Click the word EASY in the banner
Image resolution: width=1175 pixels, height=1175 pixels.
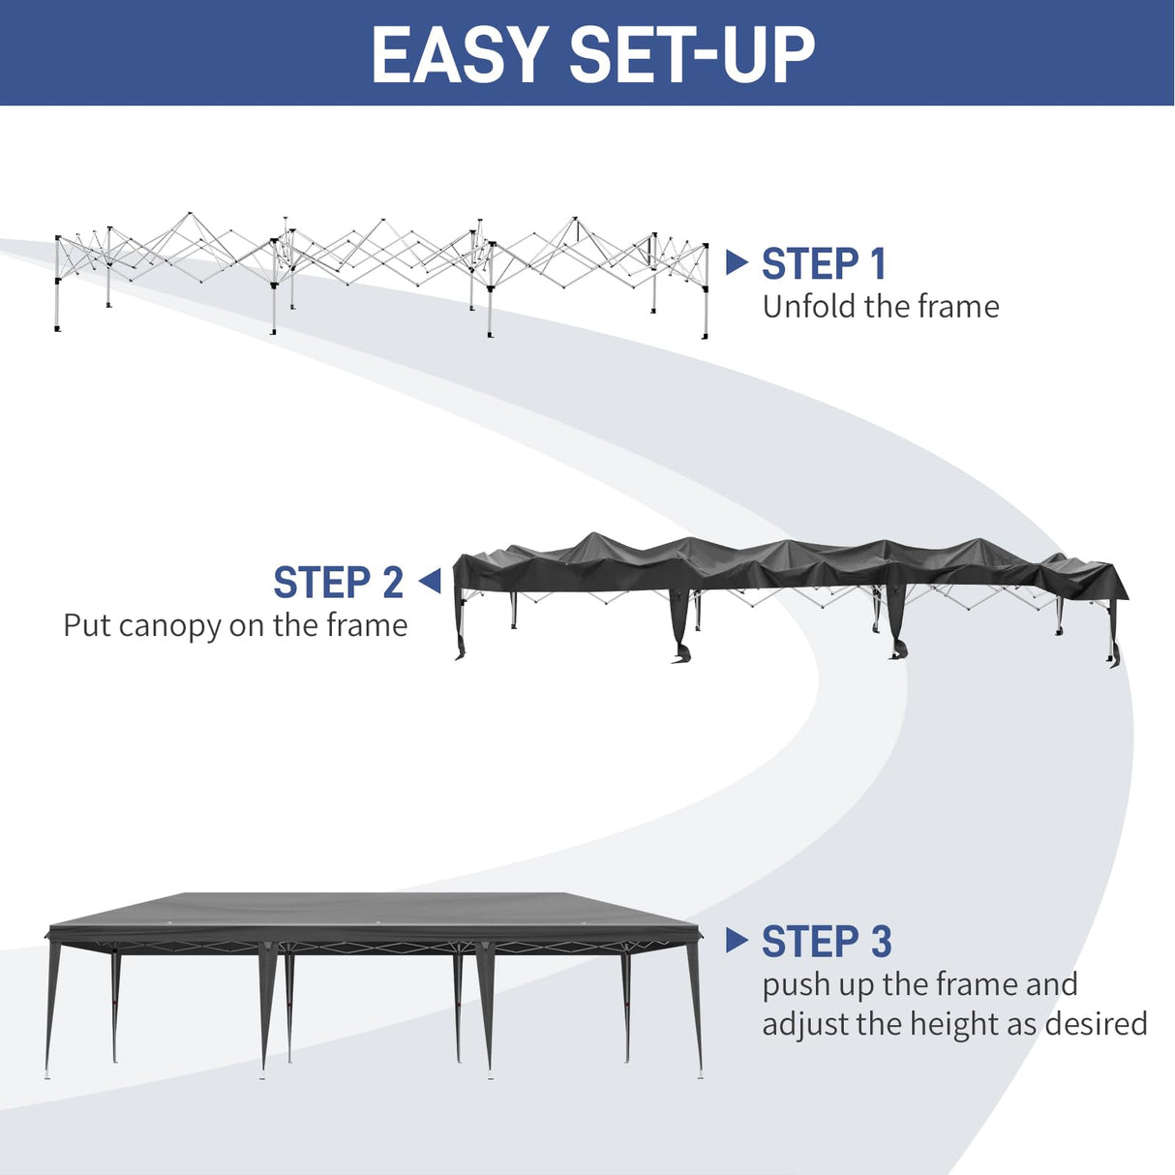tap(459, 55)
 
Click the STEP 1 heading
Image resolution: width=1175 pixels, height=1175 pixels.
tap(824, 264)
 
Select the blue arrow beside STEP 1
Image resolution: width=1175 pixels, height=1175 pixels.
tap(737, 261)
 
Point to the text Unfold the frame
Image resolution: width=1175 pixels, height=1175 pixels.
tap(880, 307)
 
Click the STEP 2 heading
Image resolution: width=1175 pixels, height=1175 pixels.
tap(338, 583)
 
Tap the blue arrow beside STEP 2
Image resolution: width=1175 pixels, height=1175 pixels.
tap(430, 581)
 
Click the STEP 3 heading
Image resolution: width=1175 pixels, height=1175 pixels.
tap(826, 942)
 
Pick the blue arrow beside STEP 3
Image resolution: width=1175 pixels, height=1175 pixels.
tap(737, 939)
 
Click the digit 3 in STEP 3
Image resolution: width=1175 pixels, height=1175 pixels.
tap(880, 942)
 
